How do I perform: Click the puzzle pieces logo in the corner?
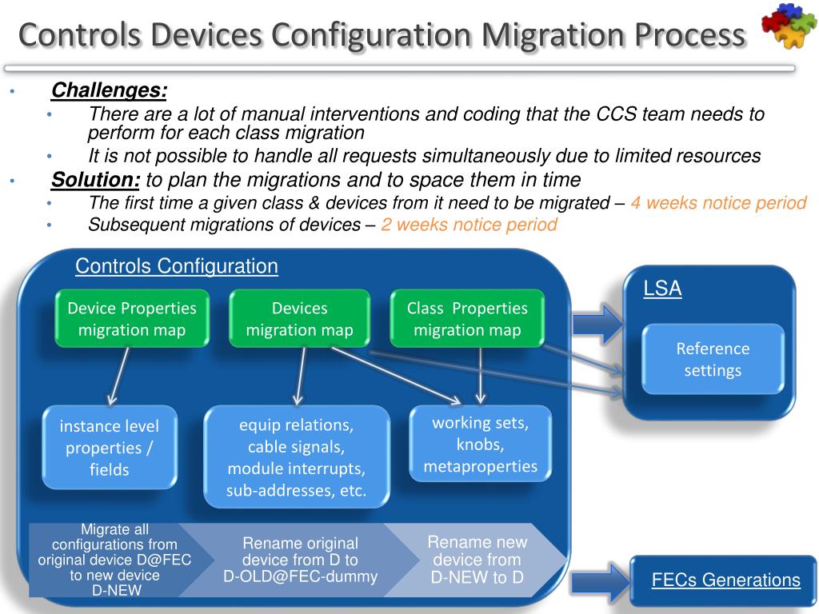click(788, 27)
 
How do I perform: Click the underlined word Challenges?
click(109, 90)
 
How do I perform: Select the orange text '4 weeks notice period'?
click(718, 203)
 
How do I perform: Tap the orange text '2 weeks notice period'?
click(469, 225)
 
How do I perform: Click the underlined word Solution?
click(95, 179)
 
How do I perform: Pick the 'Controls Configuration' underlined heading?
click(177, 266)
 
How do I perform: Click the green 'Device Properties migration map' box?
click(132, 319)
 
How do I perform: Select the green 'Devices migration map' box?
click(299, 319)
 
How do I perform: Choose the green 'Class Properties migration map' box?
click(467, 319)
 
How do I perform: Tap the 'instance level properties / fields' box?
click(110, 448)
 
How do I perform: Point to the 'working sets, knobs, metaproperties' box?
click(480, 445)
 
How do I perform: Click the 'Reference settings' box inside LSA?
click(713, 360)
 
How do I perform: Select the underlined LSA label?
click(662, 289)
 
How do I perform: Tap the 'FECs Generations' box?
click(725, 580)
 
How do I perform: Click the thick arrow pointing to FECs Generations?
click(601, 581)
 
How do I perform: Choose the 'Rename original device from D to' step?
click(300, 560)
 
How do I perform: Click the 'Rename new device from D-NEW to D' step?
click(477, 560)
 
